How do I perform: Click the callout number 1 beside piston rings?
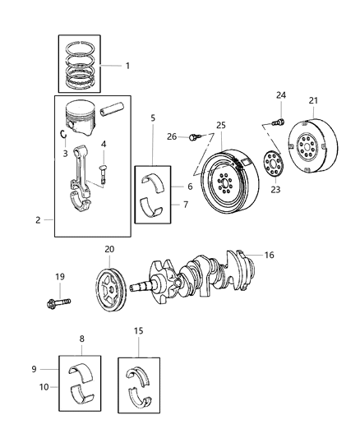[x=127, y=65]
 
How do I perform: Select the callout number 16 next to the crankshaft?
[x=268, y=256]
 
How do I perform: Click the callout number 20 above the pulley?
[x=108, y=248]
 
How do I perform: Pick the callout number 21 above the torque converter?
[x=312, y=101]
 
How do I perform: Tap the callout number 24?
[x=280, y=95]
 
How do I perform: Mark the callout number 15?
[x=139, y=330]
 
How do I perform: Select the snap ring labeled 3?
[x=63, y=135]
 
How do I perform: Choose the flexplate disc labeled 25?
[x=224, y=176]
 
